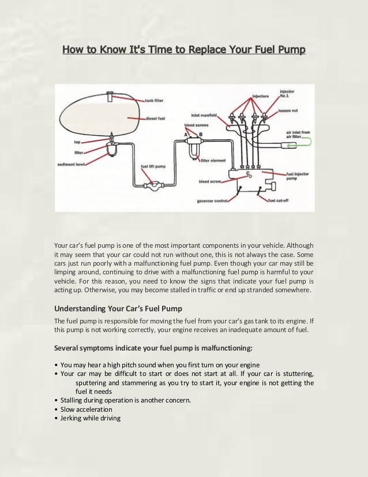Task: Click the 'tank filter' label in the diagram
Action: click(x=155, y=100)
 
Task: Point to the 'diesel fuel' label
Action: click(x=156, y=117)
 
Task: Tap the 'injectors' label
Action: click(x=260, y=96)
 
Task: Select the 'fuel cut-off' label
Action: click(x=279, y=200)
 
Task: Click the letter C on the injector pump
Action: click(x=247, y=173)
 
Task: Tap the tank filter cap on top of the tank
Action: click(x=111, y=92)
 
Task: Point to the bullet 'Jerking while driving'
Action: click(x=91, y=418)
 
